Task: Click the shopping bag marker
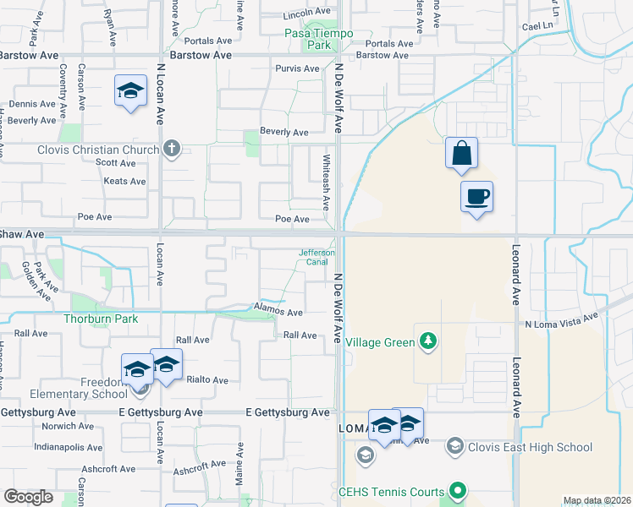461,155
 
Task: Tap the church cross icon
172,150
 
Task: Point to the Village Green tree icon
429,341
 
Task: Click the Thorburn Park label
100,319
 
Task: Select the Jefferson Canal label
317,257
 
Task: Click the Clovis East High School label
531,447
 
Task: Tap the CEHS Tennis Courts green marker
458,490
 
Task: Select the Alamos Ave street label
278,312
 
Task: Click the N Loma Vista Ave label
561,323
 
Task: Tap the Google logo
28,498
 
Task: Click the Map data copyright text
596,500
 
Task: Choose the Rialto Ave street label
207,380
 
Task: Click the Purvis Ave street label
296,68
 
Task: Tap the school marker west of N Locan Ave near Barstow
131,93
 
